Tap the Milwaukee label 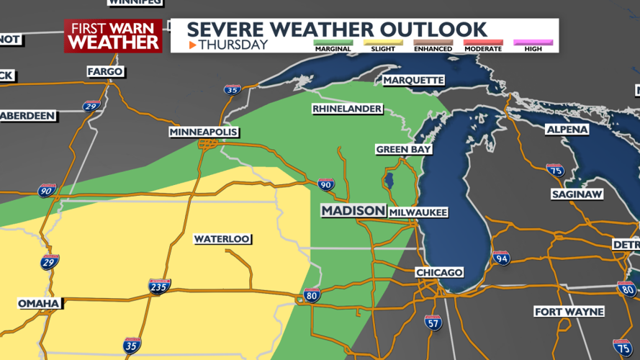pyautogui.click(x=418, y=212)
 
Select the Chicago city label pyautogui.click(x=439, y=273)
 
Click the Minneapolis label pyautogui.click(x=203, y=132)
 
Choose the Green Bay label pyautogui.click(x=403, y=150)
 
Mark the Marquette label pyautogui.click(x=413, y=80)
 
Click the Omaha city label pyautogui.click(x=38, y=303)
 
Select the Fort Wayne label pyautogui.click(x=567, y=312)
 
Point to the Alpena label pyautogui.click(x=567, y=130)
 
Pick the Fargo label pyautogui.click(x=105, y=72)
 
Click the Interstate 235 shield pyautogui.click(x=160, y=287)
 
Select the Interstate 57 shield pyautogui.click(x=432, y=321)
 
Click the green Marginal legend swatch pyautogui.click(x=332, y=42)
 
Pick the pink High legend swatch pyautogui.click(x=533, y=42)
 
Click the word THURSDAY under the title pyautogui.click(x=233, y=45)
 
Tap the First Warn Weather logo pyautogui.click(x=113, y=35)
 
